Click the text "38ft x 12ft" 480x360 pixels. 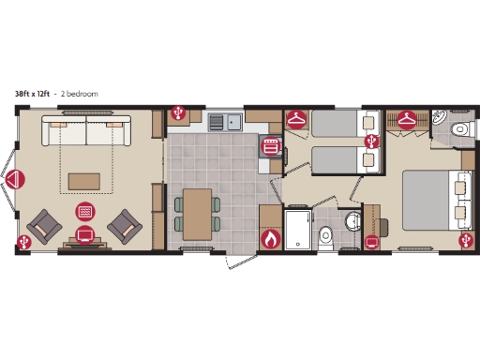[32, 94]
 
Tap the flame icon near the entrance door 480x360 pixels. [271, 239]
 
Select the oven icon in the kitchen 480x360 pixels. [272, 145]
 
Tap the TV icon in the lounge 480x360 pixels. [84, 233]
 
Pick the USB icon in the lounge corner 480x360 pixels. [23, 241]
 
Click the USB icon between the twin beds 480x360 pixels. [372, 141]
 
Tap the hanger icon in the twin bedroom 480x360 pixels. [296, 120]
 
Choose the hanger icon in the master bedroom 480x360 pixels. [407, 119]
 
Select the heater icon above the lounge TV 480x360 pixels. [84, 211]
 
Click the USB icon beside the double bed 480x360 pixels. [464, 241]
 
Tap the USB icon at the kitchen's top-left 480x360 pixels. [178, 114]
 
